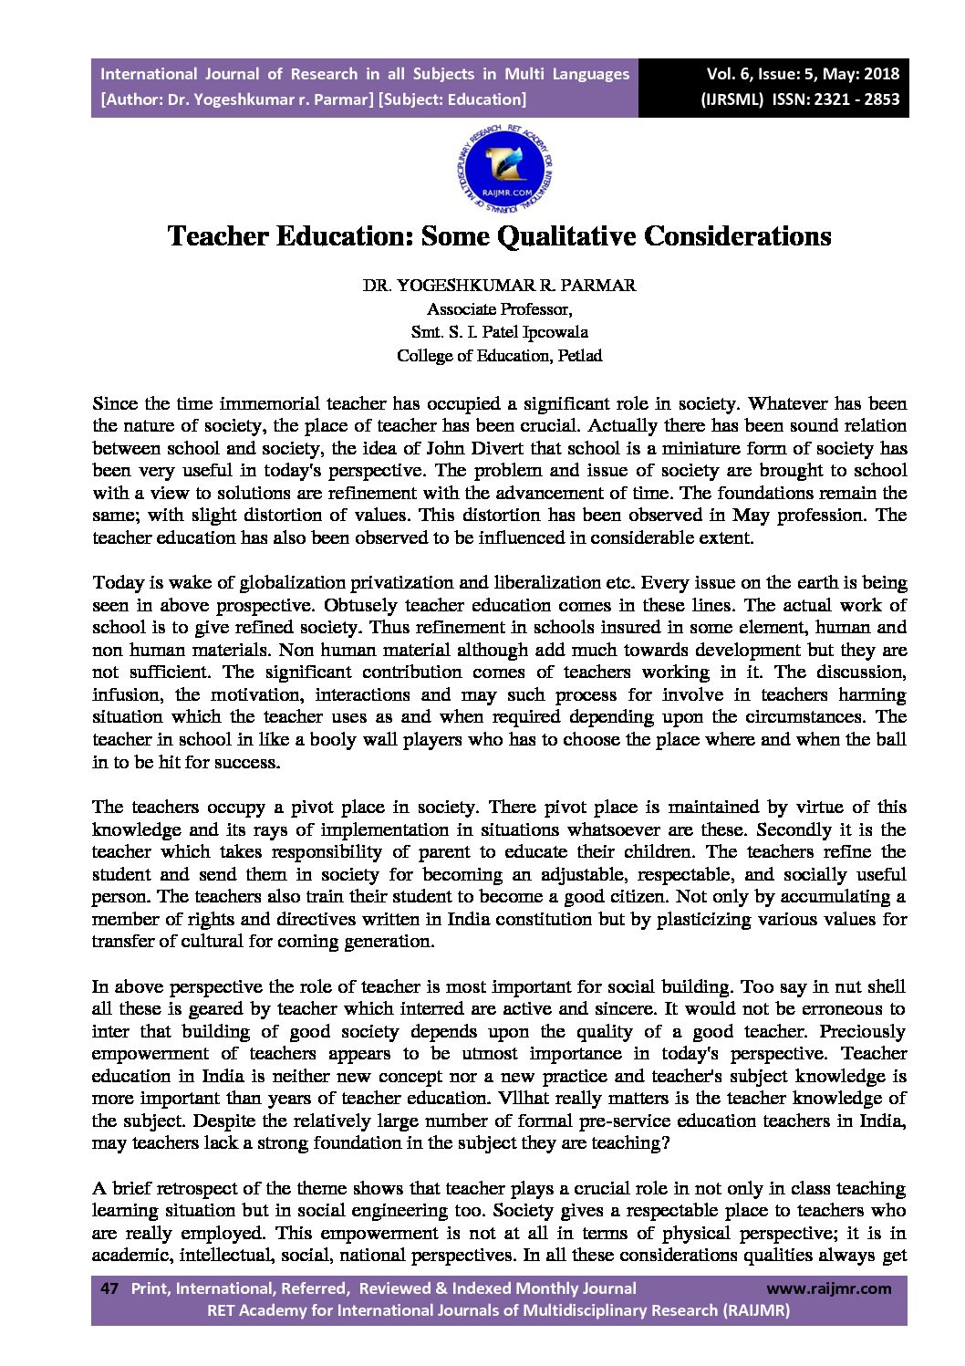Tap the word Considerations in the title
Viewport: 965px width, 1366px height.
738,236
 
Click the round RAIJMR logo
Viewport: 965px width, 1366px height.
503,167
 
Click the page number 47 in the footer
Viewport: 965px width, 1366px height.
109,1288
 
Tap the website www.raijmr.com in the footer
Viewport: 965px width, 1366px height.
828,1288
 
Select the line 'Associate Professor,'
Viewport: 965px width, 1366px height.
499,308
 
